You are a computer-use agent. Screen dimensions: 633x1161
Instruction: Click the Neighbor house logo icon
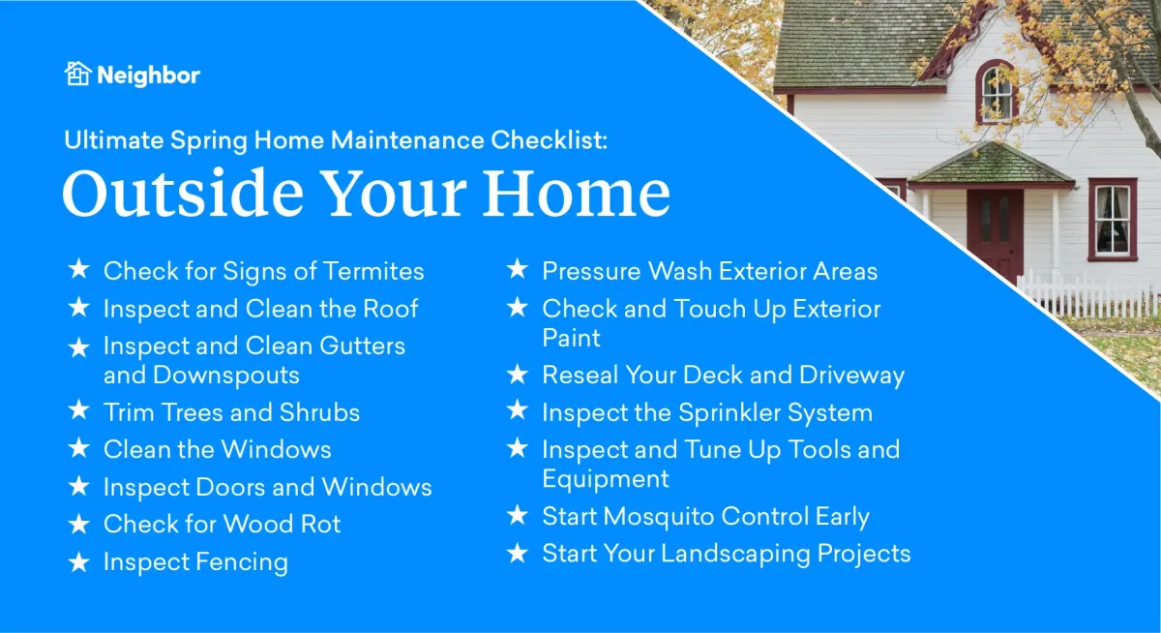coord(77,74)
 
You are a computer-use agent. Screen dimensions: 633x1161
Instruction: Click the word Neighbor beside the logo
coord(148,75)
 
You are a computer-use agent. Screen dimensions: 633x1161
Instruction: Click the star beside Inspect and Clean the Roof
coord(78,309)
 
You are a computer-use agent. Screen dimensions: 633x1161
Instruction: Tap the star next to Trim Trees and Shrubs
coord(78,411)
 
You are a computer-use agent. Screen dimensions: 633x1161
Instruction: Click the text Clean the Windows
coord(218,449)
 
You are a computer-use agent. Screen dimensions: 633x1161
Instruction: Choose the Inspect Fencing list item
coord(195,562)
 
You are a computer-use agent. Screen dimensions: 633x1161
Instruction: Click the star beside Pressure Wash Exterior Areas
coord(518,271)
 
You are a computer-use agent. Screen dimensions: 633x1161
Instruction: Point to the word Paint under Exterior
coord(571,338)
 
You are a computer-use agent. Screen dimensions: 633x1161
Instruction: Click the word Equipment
coord(606,479)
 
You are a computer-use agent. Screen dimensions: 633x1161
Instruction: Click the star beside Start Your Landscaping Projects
coord(518,554)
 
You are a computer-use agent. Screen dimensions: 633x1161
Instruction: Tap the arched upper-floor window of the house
coord(996,93)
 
